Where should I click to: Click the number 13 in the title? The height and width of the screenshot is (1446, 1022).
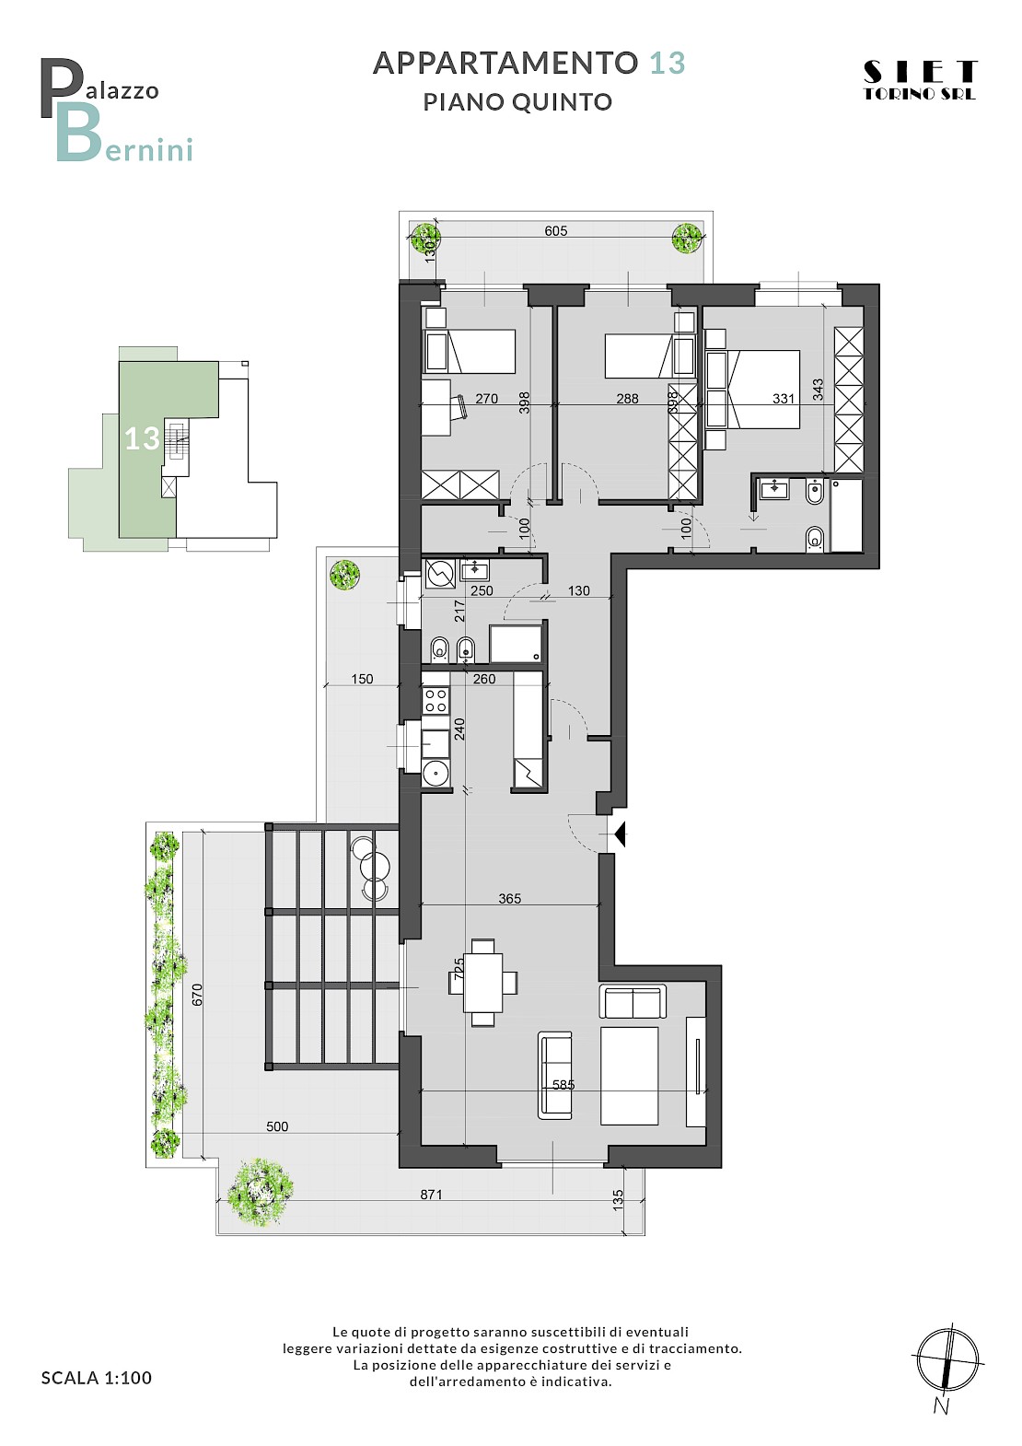(x=667, y=64)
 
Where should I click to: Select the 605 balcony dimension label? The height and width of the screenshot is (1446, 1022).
(x=555, y=230)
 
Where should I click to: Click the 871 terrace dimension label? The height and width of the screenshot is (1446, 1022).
(x=431, y=1195)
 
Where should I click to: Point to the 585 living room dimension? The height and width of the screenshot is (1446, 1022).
(x=563, y=1085)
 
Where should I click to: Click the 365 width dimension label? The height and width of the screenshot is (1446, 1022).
(x=510, y=898)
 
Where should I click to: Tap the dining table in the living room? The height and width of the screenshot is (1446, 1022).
(x=483, y=983)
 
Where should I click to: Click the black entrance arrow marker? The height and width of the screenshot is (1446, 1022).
(x=620, y=834)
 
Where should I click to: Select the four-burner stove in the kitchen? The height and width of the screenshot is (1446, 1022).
(x=435, y=700)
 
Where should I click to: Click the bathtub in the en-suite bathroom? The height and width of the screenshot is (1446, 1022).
(x=846, y=515)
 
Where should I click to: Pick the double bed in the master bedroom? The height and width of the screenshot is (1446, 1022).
(x=762, y=389)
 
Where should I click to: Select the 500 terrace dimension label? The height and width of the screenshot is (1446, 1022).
(x=277, y=1126)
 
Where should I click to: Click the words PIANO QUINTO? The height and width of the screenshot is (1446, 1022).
(x=517, y=102)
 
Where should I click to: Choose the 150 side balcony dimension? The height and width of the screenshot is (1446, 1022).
(x=362, y=679)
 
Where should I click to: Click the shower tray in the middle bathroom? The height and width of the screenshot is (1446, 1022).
(x=516, y=643)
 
